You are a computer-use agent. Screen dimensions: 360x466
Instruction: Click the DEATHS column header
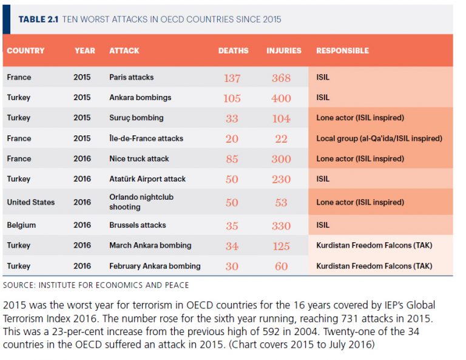(x=233, y=51)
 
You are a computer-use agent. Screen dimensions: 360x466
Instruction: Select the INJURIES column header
(x=283, y=51)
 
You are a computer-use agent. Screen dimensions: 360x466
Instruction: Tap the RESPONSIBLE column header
(x=342, y=51)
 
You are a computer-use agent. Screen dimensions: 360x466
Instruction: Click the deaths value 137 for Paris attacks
(x=232, y=78)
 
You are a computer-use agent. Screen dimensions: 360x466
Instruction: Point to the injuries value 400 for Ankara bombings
(x=281, y=98)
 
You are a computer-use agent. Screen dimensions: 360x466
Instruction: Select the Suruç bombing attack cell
(x=136, y=118)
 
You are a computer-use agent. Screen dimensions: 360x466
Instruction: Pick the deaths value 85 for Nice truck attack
(x=232, y=159)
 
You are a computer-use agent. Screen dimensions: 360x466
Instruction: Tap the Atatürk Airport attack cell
(x=147, y=179)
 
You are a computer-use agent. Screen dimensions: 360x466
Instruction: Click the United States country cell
(x=31, y=202)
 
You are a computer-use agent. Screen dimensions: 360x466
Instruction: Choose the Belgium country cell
(x=21, y=225)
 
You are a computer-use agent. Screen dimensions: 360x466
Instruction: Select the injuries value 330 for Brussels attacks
(x=281, y=226)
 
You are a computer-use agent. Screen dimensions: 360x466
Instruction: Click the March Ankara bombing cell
(x=150, y=245)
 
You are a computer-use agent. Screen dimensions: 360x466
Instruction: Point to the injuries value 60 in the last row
(x=281, y=267)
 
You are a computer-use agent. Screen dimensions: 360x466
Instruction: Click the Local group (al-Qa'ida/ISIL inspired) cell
(x=379, y=138)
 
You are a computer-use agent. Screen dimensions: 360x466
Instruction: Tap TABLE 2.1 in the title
(x=38, y=19)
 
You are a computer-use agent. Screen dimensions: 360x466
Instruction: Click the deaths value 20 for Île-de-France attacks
(x=232, y=139)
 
